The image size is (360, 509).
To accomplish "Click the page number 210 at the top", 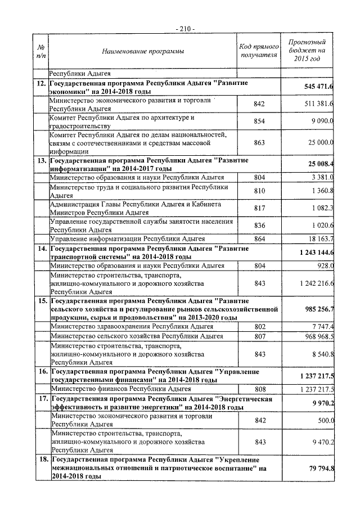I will tap(184, 28).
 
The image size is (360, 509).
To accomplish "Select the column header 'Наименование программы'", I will tap(143, 52).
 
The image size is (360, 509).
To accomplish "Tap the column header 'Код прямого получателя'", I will tap(259, 51).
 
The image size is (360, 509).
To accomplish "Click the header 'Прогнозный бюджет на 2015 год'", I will tap(307, 51).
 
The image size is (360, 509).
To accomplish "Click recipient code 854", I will tap(259, 121).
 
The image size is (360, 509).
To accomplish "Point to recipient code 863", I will tap(259, 143).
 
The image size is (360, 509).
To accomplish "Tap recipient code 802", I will tap(259, 326).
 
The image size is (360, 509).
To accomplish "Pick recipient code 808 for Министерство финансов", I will tap(259, 389).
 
